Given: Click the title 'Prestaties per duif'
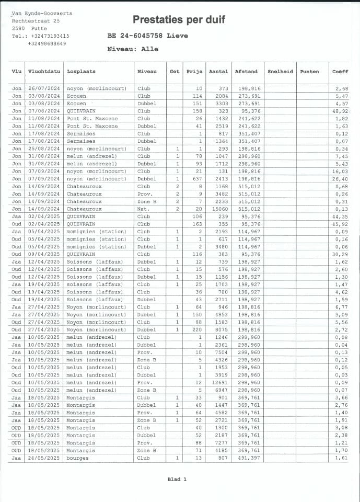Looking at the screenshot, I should pyautogui.click(x=179, y=20).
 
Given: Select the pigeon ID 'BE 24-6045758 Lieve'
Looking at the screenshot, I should pyautogui.click(x=147, y=36).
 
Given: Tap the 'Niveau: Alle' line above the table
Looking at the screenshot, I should pyautogui.click(x=132, y=49).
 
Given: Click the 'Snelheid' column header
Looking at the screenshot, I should pyautogui.click(x=280, y=72).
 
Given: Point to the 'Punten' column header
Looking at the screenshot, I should pyautogui.click(x=309, y=72).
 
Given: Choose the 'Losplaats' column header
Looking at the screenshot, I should pyautogui.click(x=81, y=72).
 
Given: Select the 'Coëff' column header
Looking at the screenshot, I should pyautogui.click(x=340, y=72).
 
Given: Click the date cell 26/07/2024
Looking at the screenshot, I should pyautogui.click(x=44, y=89).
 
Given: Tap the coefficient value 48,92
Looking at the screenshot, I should pyautogui.click(x=342, y=111).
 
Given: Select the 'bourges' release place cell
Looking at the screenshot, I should pyautogui.click(x=78, y=458).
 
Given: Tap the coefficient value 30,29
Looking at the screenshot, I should pyautogui.click(x=342, y=255).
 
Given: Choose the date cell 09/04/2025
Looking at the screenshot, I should pyautogui.click(x=44, y=255).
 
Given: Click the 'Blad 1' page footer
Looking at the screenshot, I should pyautogui.click(x=177, y=479).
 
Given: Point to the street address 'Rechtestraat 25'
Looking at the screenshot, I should pyautogui.click(x=36, y=20).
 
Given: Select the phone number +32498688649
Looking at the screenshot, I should pyautogui.click(x=47, y=43).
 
